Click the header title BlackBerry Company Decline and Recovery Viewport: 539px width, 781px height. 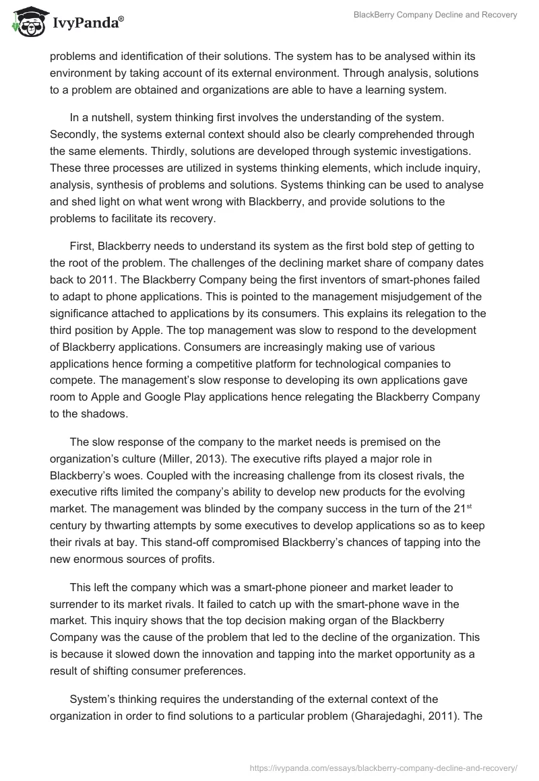[x=435, y=15]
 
